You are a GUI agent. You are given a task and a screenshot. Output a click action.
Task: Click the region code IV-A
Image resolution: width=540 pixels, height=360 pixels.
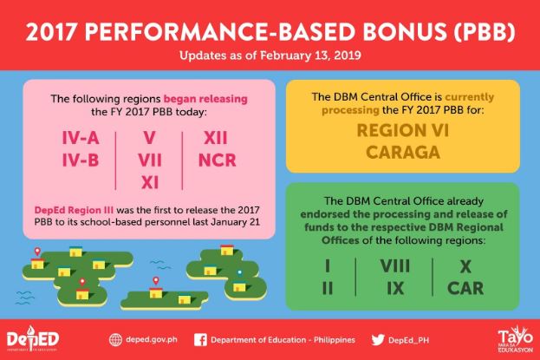click(81, 138)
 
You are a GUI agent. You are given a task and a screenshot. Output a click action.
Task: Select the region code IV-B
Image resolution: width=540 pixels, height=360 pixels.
click(81, 160)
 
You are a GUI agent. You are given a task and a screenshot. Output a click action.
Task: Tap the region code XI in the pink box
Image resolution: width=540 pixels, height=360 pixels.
click(150, 182)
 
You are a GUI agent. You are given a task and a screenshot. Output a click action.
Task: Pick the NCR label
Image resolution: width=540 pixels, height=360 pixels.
click(218, 160)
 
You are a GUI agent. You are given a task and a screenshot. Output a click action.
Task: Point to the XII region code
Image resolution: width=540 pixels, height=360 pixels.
click(216, 138)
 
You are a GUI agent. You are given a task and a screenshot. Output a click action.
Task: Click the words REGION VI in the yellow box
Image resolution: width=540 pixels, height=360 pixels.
click(403, 131)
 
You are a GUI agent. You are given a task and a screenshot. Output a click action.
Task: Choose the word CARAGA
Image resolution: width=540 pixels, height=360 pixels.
click(403, 153)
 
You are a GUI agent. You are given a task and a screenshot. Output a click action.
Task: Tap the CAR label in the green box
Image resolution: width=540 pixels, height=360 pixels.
click(465, 288)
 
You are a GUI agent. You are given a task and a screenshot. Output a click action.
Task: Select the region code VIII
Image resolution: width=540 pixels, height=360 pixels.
click(395, 266)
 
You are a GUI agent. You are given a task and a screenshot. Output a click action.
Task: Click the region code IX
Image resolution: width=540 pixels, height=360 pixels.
click(395, 288)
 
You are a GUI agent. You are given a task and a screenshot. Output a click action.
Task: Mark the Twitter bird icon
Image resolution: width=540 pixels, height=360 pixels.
click(378, 340)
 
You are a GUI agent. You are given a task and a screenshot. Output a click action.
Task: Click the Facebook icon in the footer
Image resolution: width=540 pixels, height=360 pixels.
click(200, 340)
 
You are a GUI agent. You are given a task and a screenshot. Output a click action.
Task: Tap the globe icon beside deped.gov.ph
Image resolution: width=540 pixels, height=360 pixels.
click(115, 340)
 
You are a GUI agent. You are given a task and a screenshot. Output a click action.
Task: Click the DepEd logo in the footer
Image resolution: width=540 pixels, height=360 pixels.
click(33, 338)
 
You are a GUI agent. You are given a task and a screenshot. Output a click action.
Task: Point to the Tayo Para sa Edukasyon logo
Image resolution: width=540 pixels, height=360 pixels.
click(515, 338)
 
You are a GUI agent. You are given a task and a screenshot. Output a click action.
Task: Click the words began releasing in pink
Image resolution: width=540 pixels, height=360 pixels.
click(205, 99)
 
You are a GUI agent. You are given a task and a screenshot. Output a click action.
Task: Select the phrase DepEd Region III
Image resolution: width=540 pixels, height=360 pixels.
click(74, 210)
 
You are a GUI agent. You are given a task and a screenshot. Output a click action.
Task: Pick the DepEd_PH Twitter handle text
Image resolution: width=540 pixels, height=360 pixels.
click(409, 340)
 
